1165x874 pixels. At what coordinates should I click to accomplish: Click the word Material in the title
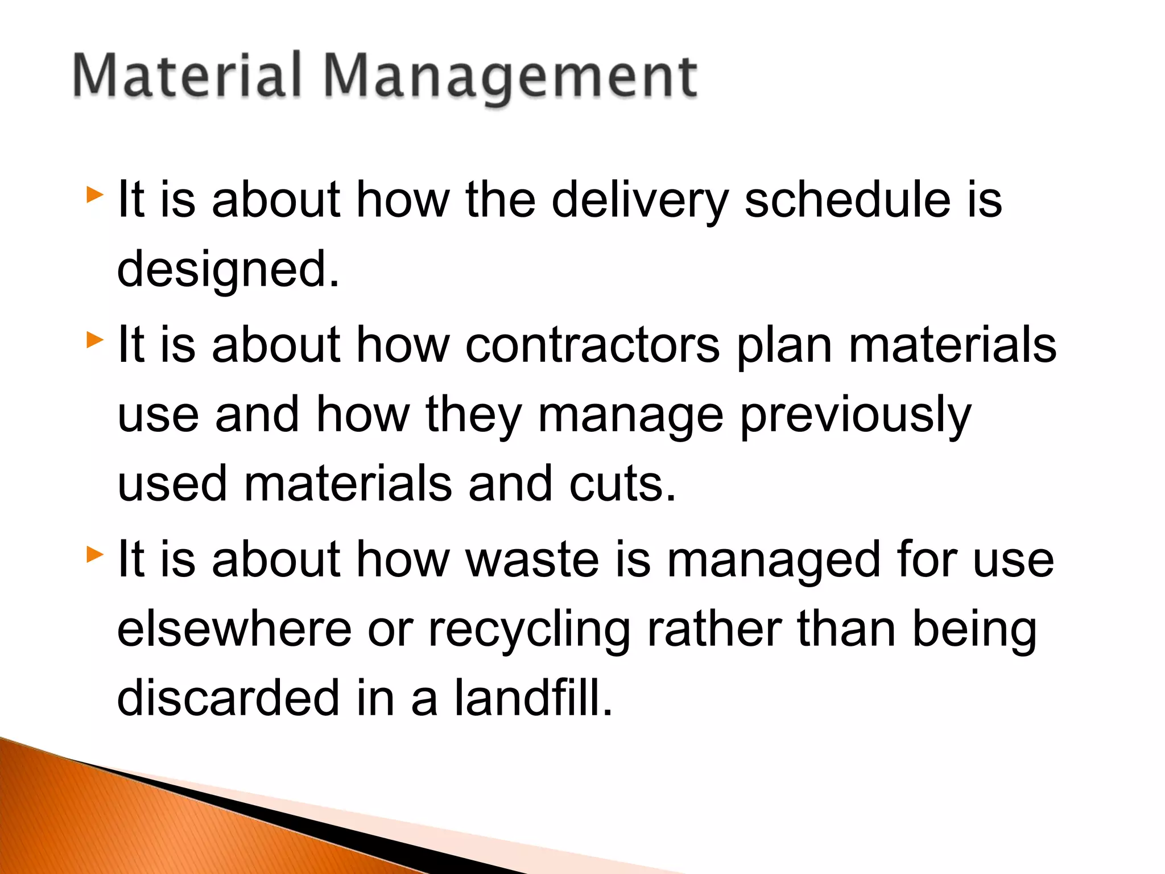click(x=187, y=76)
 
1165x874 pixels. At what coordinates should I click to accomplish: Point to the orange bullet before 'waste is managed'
click(x=95, y=554)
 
